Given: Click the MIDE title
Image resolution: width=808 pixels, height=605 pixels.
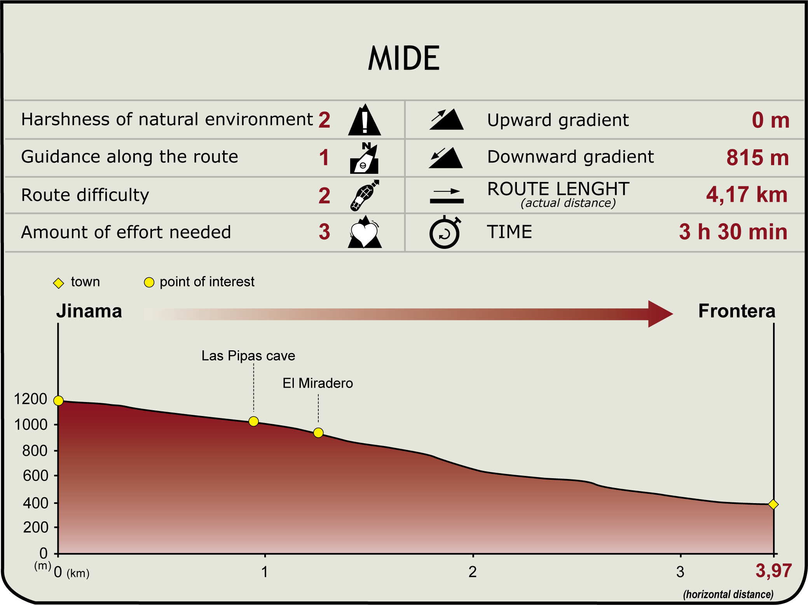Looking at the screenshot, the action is pos(404,58).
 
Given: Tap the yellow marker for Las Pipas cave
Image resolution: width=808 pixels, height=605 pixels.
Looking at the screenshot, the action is pos(253,421).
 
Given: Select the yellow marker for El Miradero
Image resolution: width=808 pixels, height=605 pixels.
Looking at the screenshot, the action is pos(318,432).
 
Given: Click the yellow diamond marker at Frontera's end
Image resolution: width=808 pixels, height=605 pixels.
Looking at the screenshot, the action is pos(773,504).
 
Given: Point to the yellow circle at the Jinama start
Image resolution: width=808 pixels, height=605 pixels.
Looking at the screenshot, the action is pos(58,400).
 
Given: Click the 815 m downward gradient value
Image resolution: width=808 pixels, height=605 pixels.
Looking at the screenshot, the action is pos(757,158).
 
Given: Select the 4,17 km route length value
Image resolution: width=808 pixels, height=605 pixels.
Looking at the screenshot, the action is pos(747,194).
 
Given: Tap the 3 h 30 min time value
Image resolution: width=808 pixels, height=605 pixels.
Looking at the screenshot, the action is pos(733,232).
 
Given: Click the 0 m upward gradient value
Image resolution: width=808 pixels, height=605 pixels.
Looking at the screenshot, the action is pos(770,120).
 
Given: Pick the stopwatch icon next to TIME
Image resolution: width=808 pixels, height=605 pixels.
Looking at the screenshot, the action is pos(445,232).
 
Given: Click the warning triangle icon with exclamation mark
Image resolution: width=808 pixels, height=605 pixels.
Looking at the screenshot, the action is pos(365,120).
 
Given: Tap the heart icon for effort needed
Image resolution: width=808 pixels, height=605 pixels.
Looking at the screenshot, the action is pos(365,232).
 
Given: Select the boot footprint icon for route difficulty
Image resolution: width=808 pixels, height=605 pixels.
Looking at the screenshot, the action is pos(365,195).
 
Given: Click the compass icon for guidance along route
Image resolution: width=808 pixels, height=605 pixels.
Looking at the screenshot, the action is pos(364,158).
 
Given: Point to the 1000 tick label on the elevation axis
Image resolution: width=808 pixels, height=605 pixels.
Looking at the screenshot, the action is pos(31,425).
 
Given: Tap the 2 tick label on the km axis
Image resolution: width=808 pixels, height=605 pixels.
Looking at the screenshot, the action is pos(473,572).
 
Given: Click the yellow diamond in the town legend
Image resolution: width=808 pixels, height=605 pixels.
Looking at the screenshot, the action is pos(58,283).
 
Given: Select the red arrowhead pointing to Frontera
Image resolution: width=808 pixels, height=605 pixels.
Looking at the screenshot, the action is pos(660,314).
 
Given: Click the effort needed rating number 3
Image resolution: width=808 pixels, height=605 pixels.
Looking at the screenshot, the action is pos(325,232).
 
